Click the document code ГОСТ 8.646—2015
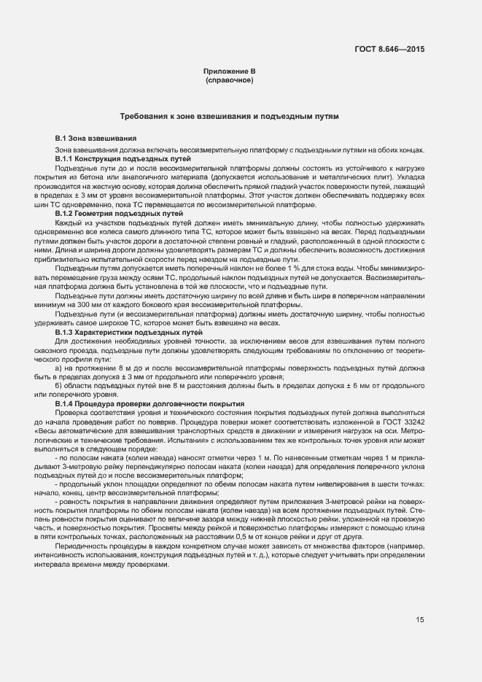(389, 49)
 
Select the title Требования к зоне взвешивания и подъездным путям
(229, 117)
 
